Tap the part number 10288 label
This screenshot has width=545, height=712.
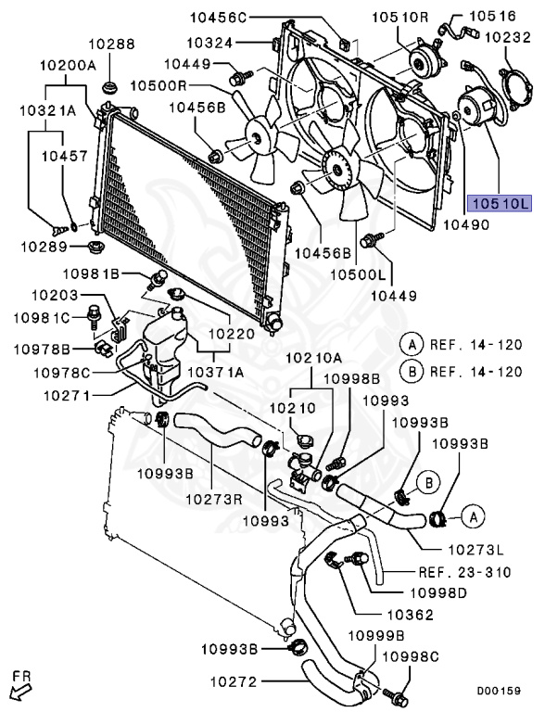[x=111, y=44]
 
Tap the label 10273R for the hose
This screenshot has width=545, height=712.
[x=216, y=498]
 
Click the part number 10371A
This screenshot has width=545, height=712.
[x=216, y=371]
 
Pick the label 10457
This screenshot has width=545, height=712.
[x=64, y=159]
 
